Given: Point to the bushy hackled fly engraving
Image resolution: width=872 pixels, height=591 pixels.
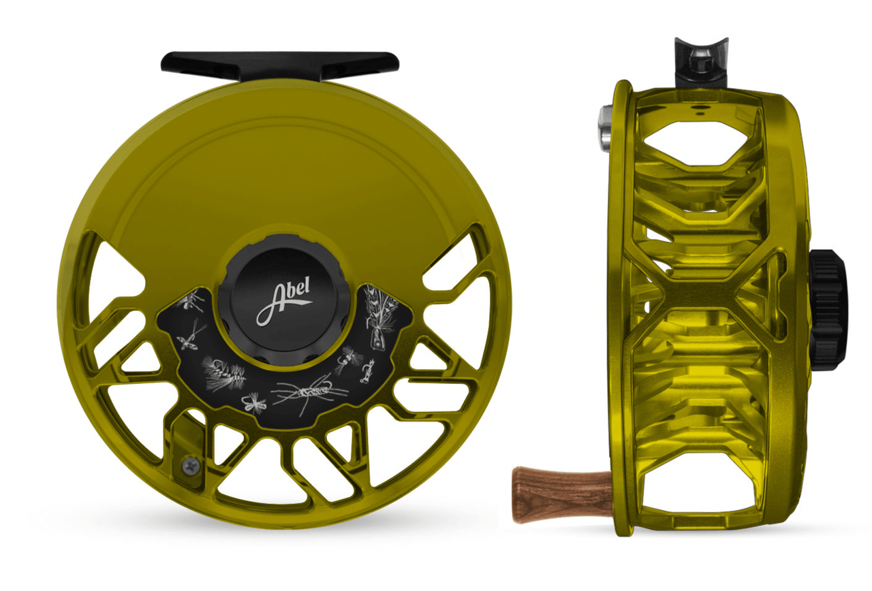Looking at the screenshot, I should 225,372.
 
